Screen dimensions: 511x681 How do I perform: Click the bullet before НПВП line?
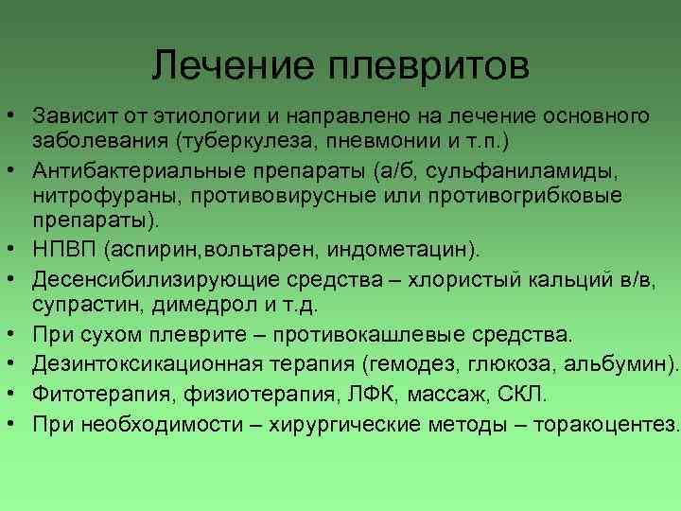pos(15,249)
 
